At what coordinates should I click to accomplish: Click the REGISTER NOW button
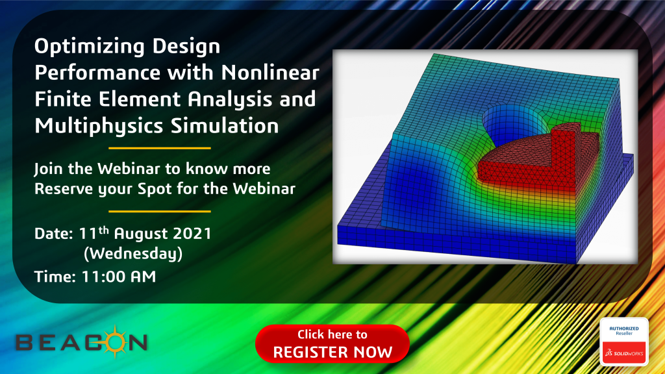[x=332, y=344]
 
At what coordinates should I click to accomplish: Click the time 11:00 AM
[x=118, y=276]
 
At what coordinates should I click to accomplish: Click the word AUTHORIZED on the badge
[x=623, y=328]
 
